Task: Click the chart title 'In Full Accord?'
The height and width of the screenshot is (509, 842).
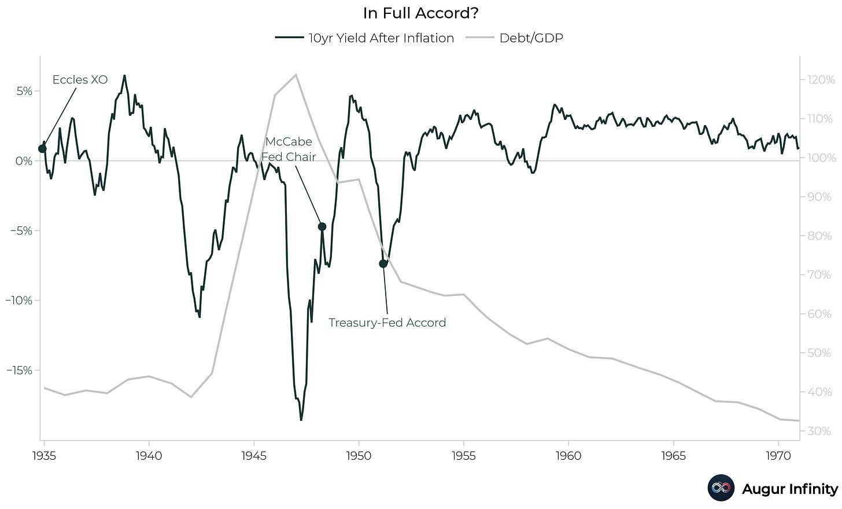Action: coord(420,13)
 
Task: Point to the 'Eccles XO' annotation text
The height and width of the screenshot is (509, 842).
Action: coord(80,80)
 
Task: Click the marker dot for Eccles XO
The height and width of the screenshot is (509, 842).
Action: coord(42,149)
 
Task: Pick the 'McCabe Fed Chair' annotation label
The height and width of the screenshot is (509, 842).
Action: coord(289,149)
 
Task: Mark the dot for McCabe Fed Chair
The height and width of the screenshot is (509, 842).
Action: coord(322,226)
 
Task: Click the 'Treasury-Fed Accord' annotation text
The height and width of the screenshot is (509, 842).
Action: coord(387,323)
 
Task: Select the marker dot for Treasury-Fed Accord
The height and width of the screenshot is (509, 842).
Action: coord(383,263)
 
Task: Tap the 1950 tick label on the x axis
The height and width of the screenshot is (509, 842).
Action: coord(359,456)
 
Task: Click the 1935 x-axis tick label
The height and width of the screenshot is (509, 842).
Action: coord(44,456)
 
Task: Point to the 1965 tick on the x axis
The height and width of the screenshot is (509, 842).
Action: coord(674,456)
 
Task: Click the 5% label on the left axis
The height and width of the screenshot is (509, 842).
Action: coord(24,91)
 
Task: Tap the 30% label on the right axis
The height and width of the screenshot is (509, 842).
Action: coord(819,431)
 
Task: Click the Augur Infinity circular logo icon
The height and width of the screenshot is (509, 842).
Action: coord(721,488)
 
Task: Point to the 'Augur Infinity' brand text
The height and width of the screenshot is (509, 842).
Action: coord(789,489)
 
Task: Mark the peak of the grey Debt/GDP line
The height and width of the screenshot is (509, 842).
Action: coord(296,74)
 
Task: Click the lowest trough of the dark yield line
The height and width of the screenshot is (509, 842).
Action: coord(301,420)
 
